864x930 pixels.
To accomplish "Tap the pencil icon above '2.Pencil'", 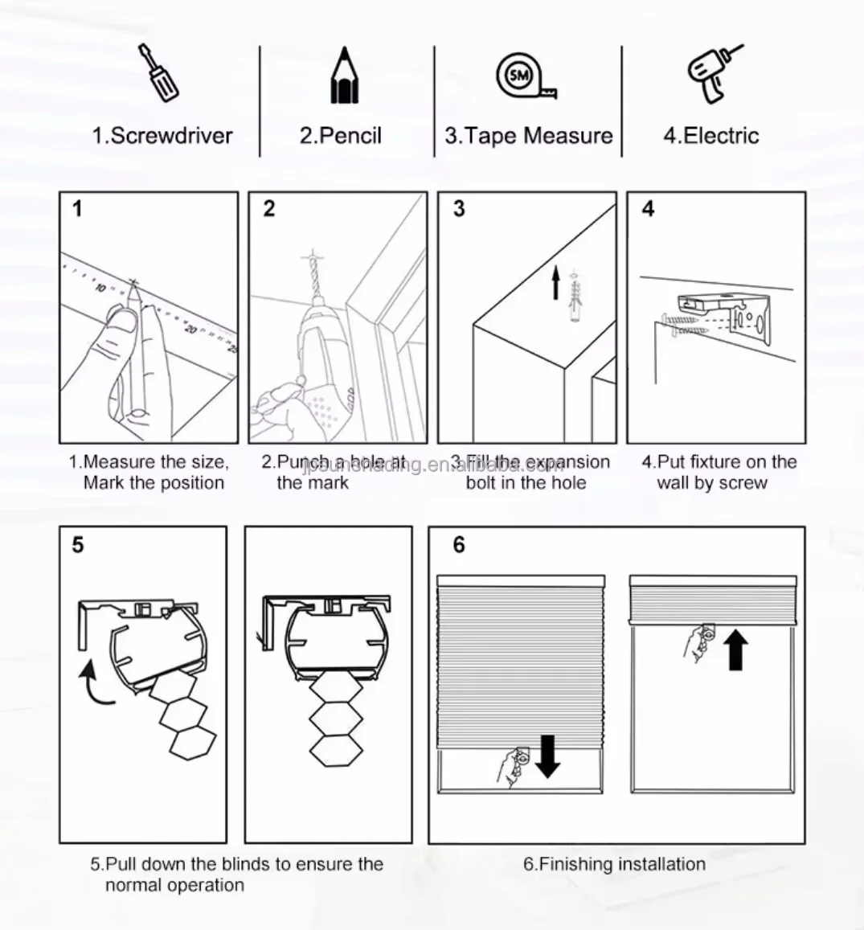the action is point(345,76).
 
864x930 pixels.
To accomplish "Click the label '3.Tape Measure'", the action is point(528,136).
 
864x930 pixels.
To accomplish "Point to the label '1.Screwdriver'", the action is point(162,136).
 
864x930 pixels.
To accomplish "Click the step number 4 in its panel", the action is point(648,209).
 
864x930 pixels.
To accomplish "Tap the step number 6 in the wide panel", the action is point(459,545).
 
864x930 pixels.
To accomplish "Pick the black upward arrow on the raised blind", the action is point(735,649).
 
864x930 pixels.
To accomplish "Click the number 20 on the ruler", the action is point(190,328).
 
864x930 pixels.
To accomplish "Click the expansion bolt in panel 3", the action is point(574,298).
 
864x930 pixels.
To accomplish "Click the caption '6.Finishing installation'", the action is point(614,864).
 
